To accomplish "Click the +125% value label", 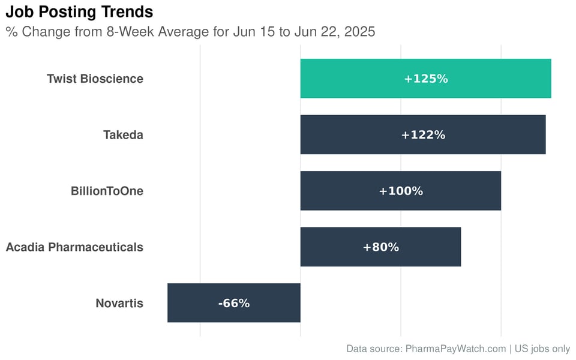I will (425, 79).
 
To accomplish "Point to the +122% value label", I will (423, 135).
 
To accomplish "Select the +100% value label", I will (401, 191).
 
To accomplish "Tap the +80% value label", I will (380, 247).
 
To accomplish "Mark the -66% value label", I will (233, 303).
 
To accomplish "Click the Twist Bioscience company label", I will (95, 79).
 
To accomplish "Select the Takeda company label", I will (123, 135).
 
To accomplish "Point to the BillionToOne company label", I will (107, 191).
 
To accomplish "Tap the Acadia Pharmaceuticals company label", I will (74, 247).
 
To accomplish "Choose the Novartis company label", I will (119, 303).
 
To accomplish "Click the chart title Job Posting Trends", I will (79, 11).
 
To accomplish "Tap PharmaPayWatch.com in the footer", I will (455, 349).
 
